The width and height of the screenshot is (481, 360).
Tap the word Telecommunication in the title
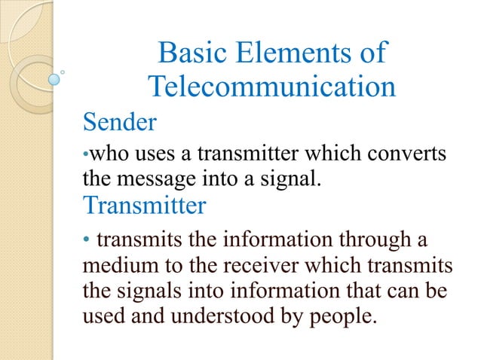[271, 87]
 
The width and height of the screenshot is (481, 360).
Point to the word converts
[407, 156]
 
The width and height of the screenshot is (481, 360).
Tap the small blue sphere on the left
[54, 78]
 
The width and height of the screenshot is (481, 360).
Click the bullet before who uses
[85, 157]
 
